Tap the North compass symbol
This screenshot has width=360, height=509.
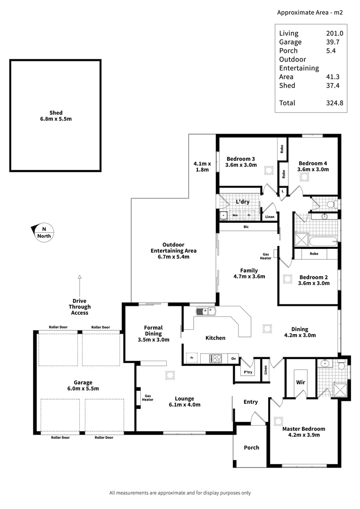(44, 232)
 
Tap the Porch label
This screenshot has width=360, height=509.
(251, 447)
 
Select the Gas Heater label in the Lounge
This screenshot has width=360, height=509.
(147, 398)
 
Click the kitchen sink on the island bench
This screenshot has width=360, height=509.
(205, 311)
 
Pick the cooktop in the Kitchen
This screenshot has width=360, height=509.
(217, 359)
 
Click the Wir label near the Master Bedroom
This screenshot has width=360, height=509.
(301, 383)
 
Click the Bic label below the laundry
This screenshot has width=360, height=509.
(245, 227)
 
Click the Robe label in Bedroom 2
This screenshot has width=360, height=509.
(314, 254)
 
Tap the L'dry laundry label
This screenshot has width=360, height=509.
(243, 202)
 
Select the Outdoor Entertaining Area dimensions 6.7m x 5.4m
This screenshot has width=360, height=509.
(173, 257)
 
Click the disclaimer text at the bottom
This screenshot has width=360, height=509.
(180, 493)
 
